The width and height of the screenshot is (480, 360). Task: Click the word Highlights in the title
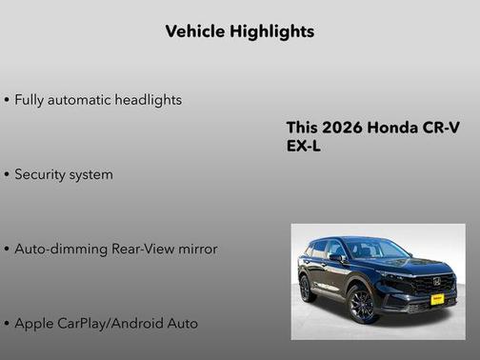[271, 31]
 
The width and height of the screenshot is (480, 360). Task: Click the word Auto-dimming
[58, 249]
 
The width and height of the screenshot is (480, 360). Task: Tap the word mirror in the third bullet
[196, 249]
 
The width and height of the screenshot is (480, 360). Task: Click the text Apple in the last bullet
[34, 323]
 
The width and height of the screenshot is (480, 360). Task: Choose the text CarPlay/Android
[113, 323]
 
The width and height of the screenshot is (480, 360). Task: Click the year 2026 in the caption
[340, 129]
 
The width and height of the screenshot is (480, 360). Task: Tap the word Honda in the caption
[390, 129]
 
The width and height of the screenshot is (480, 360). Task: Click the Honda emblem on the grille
[435, 281]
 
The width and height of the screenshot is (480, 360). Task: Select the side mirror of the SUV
[336, 258]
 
